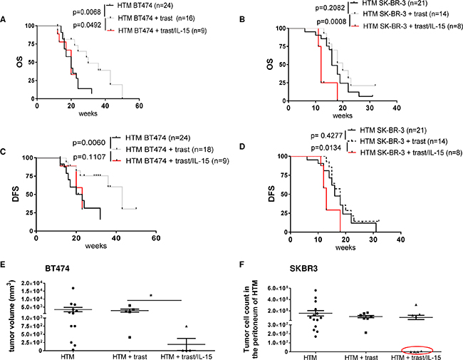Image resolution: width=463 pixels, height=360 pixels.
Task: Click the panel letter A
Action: coord(6,19)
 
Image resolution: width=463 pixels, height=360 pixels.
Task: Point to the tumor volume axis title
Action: coord(11,315)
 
